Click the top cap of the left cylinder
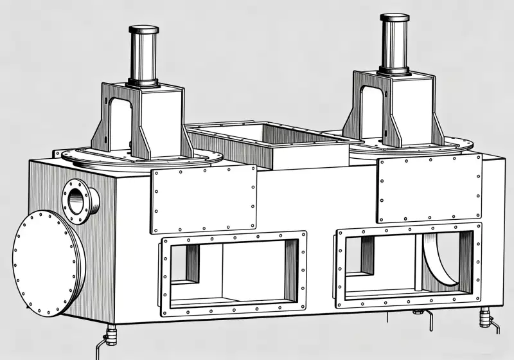point(144,30)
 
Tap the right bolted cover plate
point(429,188)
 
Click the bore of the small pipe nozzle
point(76,200)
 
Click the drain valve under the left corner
point(111,335)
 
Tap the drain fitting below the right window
point(418,312)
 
